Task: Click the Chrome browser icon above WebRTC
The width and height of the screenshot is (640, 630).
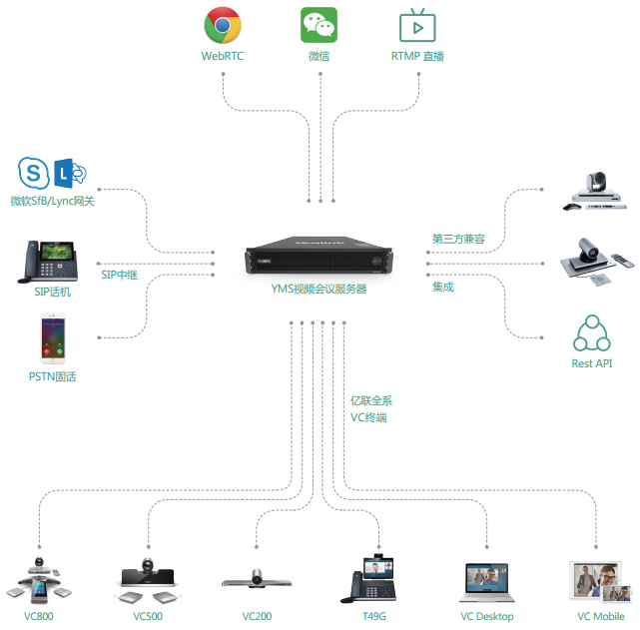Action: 223,25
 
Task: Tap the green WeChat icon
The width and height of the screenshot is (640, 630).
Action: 319,25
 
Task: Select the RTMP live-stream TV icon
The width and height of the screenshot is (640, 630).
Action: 417,25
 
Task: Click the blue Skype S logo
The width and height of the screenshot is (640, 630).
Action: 34,173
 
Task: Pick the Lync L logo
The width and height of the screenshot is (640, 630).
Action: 70,173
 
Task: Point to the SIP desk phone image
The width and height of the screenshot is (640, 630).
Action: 48,262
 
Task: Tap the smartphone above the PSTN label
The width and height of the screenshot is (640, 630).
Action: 53,338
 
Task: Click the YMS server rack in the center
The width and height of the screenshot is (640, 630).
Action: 319,255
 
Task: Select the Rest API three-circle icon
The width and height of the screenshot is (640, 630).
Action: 592,333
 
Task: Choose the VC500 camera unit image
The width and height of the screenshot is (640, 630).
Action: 148,580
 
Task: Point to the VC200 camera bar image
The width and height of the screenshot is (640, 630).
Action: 257,579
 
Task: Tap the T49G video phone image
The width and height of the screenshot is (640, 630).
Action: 368,578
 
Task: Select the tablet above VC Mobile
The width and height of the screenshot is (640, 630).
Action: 600,581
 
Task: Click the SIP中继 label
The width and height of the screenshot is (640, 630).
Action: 119,275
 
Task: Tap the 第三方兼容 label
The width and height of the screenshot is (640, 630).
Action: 458,239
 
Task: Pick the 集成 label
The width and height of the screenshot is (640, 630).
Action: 443,287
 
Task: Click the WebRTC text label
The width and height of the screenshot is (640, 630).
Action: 223,56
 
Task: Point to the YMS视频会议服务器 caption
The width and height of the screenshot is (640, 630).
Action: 319,289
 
